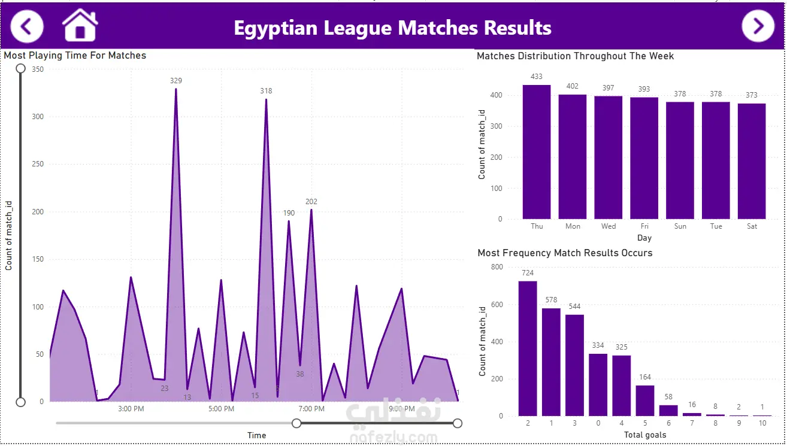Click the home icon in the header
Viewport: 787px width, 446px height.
pos(80,25)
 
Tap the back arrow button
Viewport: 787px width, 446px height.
pos(27,26)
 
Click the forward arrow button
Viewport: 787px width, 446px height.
pos(758,26)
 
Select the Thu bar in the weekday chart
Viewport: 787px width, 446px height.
pos(537,152)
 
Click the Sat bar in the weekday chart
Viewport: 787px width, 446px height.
pos(752,161)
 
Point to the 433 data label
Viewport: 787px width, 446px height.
pos(537,77)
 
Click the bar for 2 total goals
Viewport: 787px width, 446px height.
pos(528,348)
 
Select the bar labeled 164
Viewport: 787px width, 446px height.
pos(645,401)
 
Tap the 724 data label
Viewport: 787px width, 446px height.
pos(528,273)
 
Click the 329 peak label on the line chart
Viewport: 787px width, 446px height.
pos(176,81)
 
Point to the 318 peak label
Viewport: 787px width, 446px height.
pos(266,91)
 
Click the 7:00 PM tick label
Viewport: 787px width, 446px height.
pos(311,409)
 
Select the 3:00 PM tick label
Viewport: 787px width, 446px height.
pos(131,409)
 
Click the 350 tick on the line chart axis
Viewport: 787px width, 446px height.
pos(38,69)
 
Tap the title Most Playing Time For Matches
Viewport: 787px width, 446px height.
pos(75,56)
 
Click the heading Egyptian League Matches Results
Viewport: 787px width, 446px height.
pos(392,28)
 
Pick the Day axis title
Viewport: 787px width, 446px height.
pos(644,238)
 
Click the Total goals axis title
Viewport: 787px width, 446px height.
pos(645,435)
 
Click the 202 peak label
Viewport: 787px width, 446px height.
pos(311,202)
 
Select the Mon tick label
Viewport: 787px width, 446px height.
pos(573,226)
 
